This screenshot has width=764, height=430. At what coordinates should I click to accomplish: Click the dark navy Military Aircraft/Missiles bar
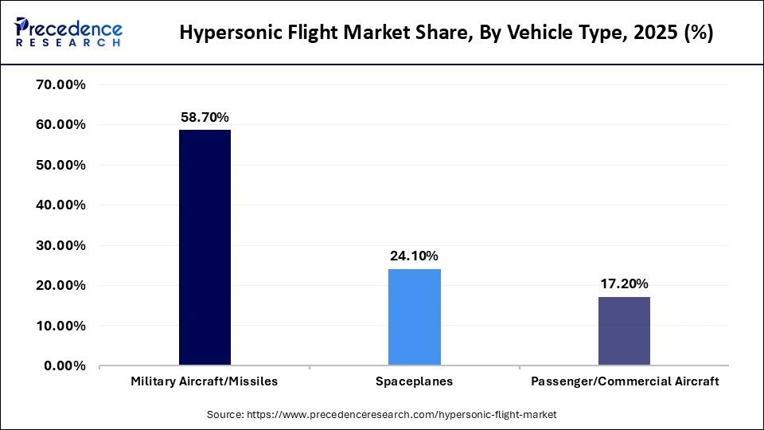pyautogui.click(x=205, y=248)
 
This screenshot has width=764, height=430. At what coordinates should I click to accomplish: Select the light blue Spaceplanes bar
pyautogui.click(x=414, y=317)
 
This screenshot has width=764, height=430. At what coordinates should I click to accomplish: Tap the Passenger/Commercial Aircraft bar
pyautogui.click(x=624, y=331)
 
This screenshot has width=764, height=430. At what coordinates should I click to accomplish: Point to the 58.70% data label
pyautogui.click(x=205, y=117)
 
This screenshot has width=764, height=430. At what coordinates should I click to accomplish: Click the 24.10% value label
pyautogui.click(x=414, y=256)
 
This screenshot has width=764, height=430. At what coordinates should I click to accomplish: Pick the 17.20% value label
pyautogui.click(x=624, y=284)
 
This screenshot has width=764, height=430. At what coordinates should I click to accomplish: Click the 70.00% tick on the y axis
pyautogui.click(x=61, y=85)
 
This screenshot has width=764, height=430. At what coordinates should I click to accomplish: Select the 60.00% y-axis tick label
pyautogui.click(x=61, y=125)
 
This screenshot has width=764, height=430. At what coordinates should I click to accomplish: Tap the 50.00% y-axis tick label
pyautogui.click(x=61, y=166)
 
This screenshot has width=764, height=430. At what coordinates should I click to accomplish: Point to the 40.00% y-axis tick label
pyautogui.click(x=61, y=205)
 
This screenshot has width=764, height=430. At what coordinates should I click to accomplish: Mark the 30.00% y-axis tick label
pyautogui.click(x=61, y=245)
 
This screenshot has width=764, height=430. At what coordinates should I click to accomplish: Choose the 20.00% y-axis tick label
pyautogui.click(x=61, y=286)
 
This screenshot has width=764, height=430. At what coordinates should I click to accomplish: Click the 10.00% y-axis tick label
pyautogui.click(x=61, y=326)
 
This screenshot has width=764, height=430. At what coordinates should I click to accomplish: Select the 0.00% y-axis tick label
pyautogui.click(x=65, y=366)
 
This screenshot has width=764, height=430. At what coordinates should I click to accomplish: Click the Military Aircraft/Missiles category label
pyautogui.click(x=205, y=381)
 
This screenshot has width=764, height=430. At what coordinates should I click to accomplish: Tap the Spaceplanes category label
pyautogui.click(x=414, y=381)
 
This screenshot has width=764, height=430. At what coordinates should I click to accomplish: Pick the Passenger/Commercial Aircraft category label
pyautogui.click(x=624, y=381)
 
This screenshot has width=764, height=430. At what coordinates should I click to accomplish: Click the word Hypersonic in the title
pyautogui.click(x=226, y=33)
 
